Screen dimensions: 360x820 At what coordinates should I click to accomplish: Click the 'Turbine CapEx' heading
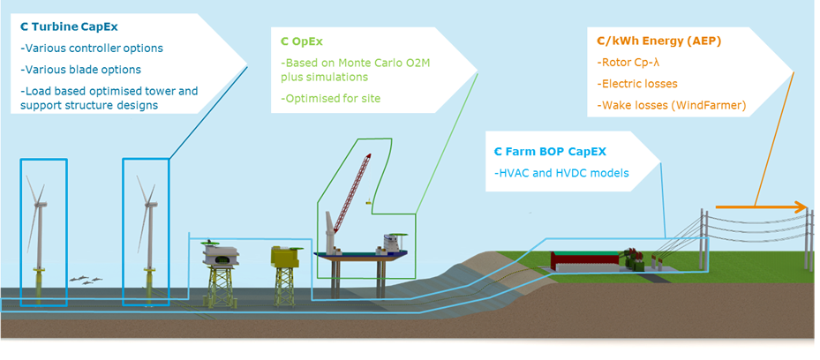pyautogui.click(x=73, y=26)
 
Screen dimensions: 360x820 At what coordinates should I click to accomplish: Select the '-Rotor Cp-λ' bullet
pyautogui.click(x=629, y=63)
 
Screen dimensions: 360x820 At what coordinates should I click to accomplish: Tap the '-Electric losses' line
pyautogui.click(x=637, y=84)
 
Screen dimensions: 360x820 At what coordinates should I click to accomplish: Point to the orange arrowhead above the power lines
pyautogui.click(x=801, y=208)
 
